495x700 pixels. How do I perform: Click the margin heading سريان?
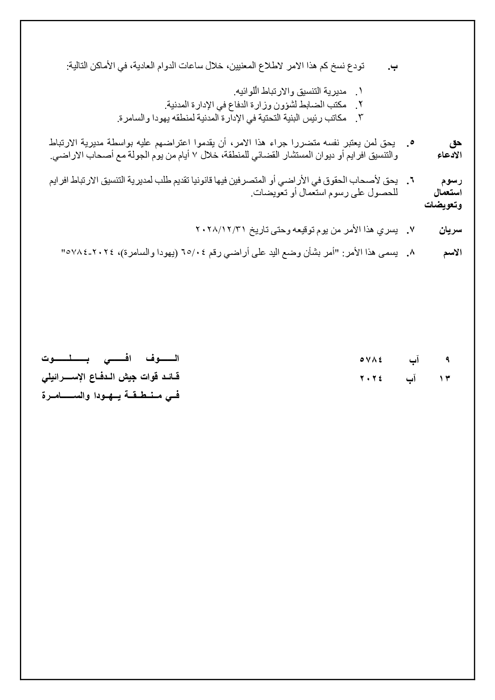click(x=450, y=230)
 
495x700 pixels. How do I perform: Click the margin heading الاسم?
click(x=452, y=252)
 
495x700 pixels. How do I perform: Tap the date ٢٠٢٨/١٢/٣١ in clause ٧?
click(x=222, y=230)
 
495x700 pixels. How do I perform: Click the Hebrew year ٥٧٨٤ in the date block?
click(x=371, y=359)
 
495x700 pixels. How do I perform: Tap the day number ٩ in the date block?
click(x=447, y=359)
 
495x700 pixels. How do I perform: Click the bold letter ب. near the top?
click(x=393, y=67)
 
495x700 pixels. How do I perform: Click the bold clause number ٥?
click(x=411, y=142)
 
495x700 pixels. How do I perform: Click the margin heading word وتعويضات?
click(x=443, y=206)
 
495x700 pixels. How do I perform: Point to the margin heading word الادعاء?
click(x=450, y=155)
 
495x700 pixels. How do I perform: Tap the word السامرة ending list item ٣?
click(x=130, y=118)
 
